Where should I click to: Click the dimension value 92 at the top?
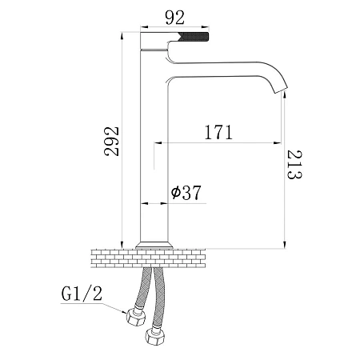click(174, 18)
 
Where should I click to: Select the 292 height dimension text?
click(111, 142)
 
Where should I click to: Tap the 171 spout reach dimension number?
click(218, 132)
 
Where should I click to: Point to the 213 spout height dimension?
click(294, 165)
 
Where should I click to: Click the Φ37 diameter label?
click(186, 192)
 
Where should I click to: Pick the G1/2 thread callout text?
click(82, 294)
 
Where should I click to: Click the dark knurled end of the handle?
click(194, 37)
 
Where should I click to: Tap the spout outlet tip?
click(282, 90)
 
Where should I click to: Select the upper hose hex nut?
click(136, 318)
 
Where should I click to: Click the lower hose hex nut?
click(155, 336)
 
